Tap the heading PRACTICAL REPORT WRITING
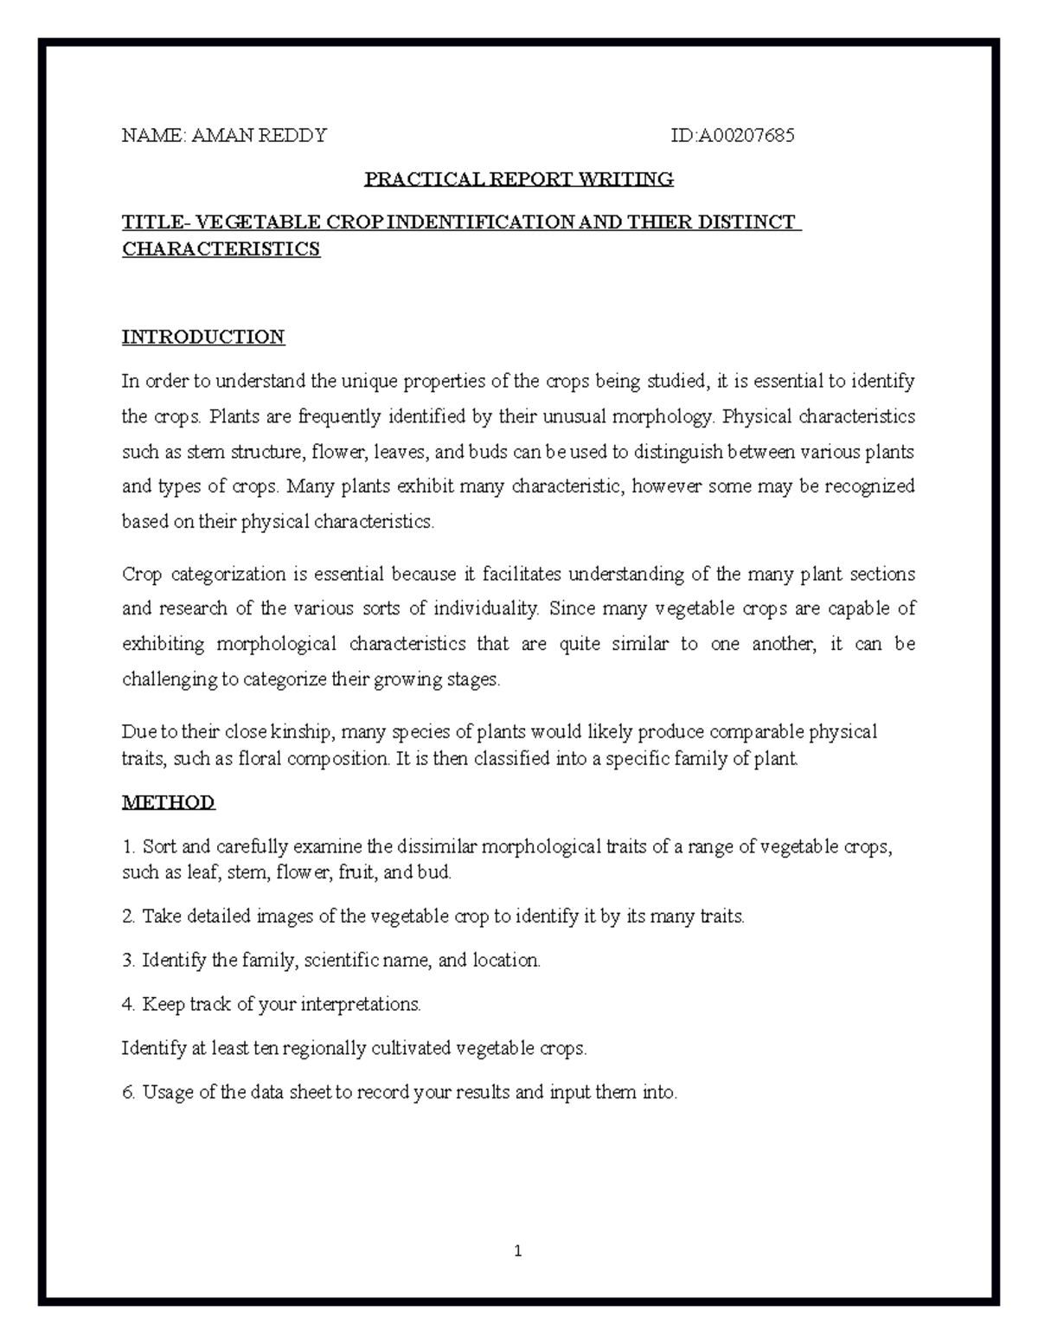(x=519, y=179)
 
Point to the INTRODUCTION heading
(x=203, y=337)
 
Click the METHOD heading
(x=169, y=802)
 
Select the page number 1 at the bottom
(x=517, y=1251)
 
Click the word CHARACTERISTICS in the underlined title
(x=221, y=249)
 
